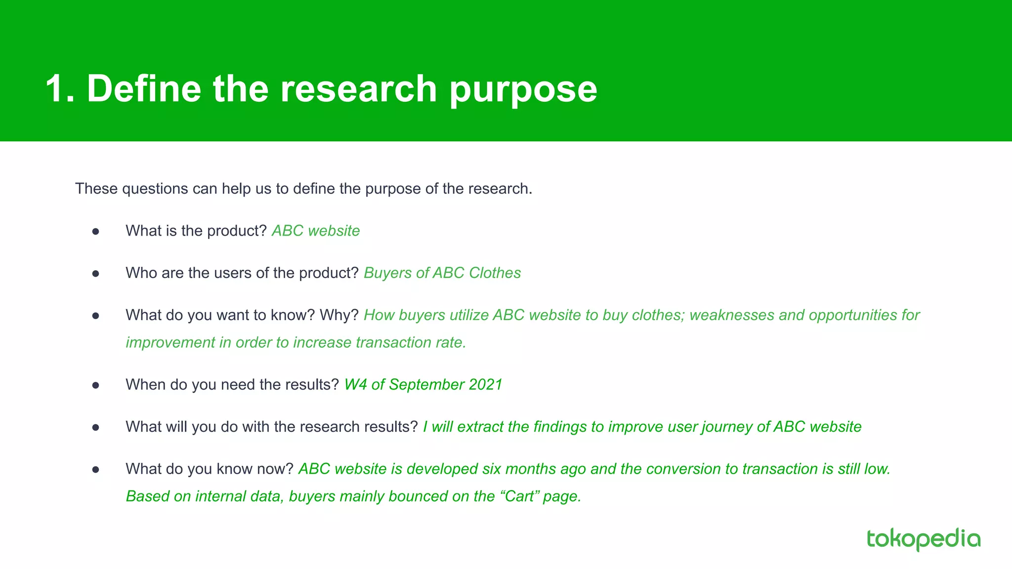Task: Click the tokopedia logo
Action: [x=923, y=539]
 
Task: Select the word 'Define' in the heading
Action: [x=144, y=89]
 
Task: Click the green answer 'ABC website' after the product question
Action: [x=316, y=231]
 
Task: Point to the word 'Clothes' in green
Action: [x=495, y=273]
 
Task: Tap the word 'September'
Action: [x=426, y=384]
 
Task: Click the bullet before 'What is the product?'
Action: [x=96, y=231]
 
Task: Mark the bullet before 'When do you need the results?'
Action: [x=96, y=385]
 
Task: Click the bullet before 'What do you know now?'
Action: [x=96, y=469]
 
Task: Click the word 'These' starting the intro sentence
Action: [x=96, y=189]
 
